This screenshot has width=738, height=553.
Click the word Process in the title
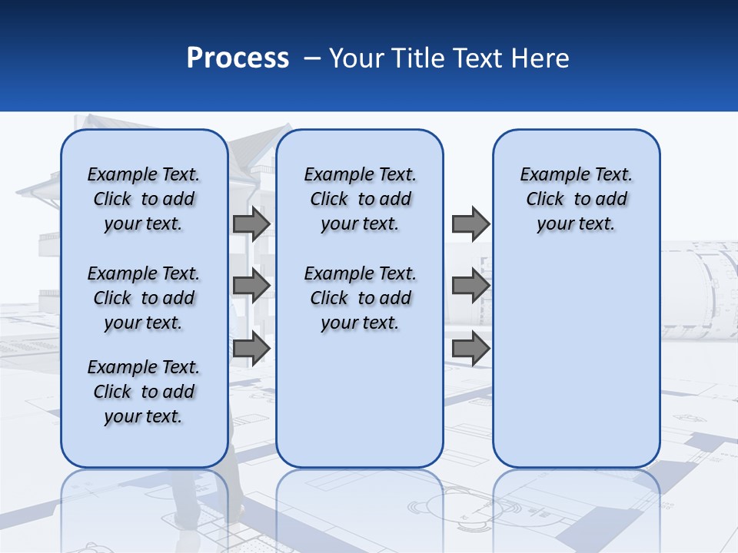click(238, 58)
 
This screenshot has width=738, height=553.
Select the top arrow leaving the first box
click(251, 224)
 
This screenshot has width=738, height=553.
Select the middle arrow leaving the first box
click(251, 286)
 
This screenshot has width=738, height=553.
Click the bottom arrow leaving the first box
click(251, 348)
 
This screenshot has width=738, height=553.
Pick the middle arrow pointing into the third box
click(470, 286)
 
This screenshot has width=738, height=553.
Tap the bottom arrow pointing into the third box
click(470, 348)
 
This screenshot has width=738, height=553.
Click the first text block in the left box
click(144, 199)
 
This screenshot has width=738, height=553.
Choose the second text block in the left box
click(144, 298)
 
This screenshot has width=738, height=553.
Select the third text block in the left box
click(144, 392)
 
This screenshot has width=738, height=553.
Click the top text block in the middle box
click(360, 199)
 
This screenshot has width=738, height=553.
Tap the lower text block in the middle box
click(360, 298)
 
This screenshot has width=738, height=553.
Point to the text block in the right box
click(576, 199)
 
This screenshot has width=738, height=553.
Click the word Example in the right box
click(548, 174)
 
